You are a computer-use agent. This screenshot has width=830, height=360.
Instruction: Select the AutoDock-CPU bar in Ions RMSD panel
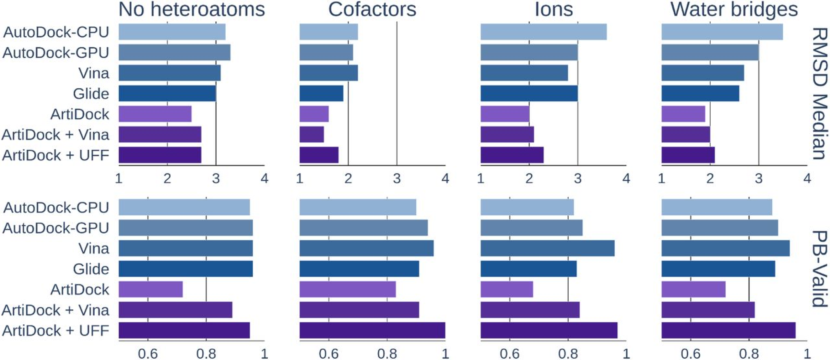point(543,32)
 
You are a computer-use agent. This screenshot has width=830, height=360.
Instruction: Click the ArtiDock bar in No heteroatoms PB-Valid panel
point(150,289)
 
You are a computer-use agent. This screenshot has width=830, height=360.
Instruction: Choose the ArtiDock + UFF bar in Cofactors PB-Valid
point(372,330)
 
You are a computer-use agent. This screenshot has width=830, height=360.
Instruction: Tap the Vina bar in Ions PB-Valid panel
point(547,248)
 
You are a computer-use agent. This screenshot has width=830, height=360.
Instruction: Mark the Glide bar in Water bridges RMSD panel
point(700,93)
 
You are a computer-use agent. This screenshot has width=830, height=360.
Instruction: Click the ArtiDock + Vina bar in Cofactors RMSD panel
point(312,135)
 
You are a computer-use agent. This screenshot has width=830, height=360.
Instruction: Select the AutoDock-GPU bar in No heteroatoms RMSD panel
point(174,53)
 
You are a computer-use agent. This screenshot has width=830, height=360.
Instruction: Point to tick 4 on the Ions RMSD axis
point(626,178)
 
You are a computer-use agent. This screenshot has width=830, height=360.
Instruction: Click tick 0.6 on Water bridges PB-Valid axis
point(691,354)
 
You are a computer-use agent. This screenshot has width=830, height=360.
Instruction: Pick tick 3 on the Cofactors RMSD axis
point(397,178)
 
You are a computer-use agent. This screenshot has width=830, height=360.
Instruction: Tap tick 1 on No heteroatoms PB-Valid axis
point(265,354)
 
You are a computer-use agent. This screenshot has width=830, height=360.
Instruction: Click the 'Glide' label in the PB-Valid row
point(91,269)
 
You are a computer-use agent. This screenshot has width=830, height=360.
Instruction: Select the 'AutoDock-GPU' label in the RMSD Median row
point(56,53)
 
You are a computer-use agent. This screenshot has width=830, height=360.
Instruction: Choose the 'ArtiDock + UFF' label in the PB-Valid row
point(56,330)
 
